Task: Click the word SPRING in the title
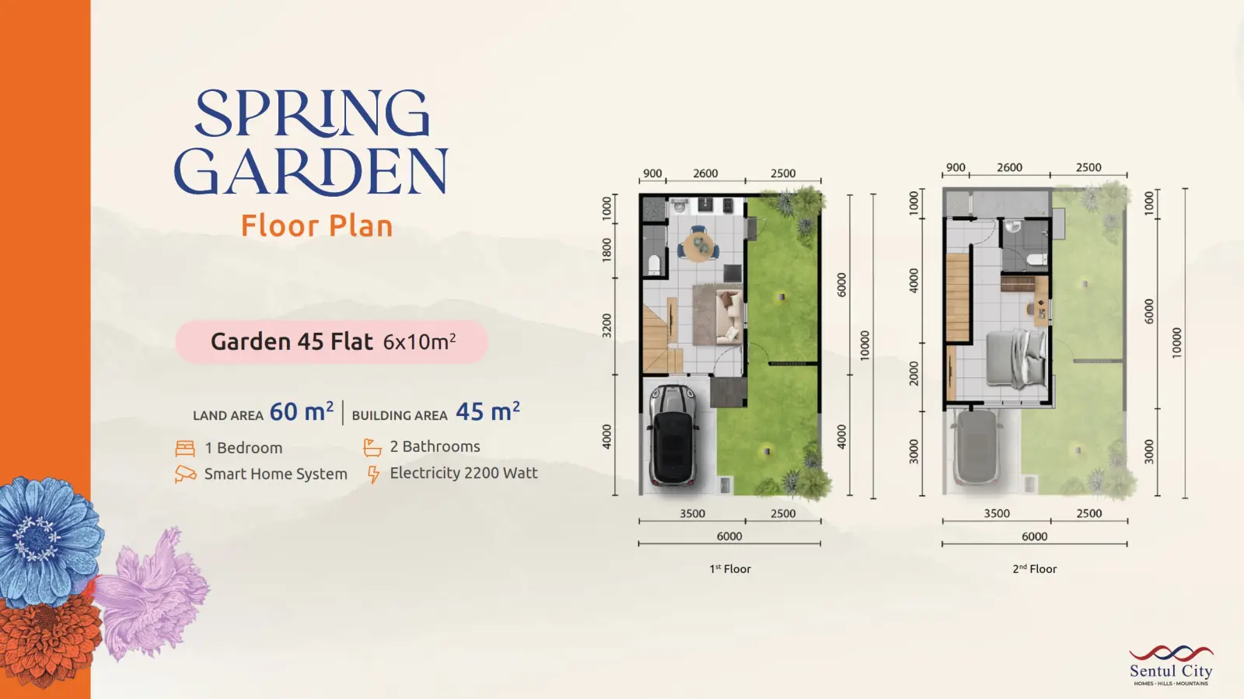click(x=312, y=113)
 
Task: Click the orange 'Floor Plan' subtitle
click(x=316, y=225)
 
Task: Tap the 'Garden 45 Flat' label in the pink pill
click(x=292, y=341)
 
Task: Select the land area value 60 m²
click(x=302, y=411)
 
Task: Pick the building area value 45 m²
click(x=487, y=411)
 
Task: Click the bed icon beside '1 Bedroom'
click(x=185, y=448)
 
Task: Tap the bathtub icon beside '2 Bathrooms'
click(x=372, y=447)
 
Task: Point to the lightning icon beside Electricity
click(x=373, y=474)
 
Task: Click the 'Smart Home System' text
click(x=275, y=474)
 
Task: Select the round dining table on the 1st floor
click(x=699, y=246)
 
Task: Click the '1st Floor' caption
click(x=730, y=568)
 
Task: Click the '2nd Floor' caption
click(x=1034, y=568)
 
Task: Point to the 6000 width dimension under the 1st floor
click(x=729, y=536)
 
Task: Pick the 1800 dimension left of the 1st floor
click(x=606, y=250)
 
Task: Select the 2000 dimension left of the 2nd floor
click(x=914, y=374)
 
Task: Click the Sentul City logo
click(x=1171, y=666)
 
